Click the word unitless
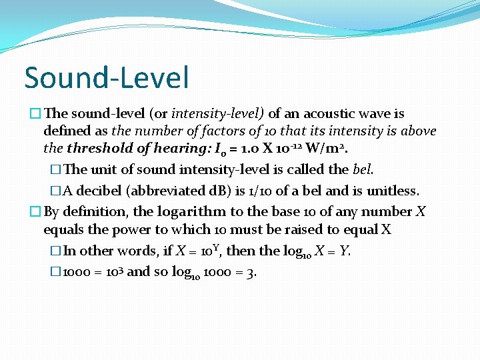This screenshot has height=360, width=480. click(392, 191)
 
